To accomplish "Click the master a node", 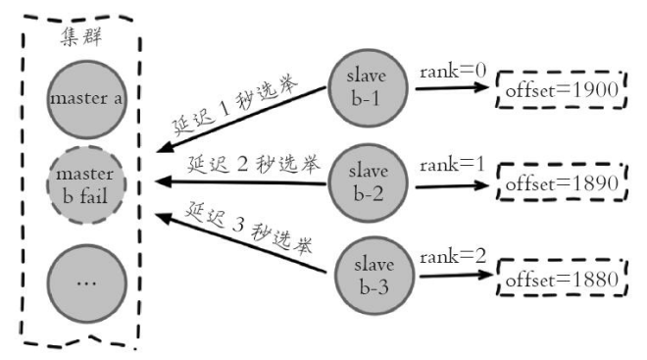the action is point(86,99).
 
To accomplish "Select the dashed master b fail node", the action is point(86,185).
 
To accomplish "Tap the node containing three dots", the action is point(86,283).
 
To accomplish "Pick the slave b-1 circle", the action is point(368,88).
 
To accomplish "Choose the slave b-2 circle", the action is point(368,182).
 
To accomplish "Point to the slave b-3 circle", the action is point(373,276).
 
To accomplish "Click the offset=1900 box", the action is point(561,89).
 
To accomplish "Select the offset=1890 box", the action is point(562,182).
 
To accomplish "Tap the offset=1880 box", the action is point(562,278).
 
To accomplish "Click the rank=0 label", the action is point(453,71).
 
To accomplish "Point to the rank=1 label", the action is point(452,165).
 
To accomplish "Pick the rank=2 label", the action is point(453,257).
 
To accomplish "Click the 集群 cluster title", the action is point(81,37).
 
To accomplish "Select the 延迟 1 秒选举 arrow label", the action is point(234,105).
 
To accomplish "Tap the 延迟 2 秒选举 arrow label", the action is point(253,165).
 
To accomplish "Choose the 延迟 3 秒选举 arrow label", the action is point(248,228).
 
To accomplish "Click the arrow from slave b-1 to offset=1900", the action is point(452,87).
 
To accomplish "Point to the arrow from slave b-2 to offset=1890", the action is point(452,185).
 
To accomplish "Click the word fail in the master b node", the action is point(93,195).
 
